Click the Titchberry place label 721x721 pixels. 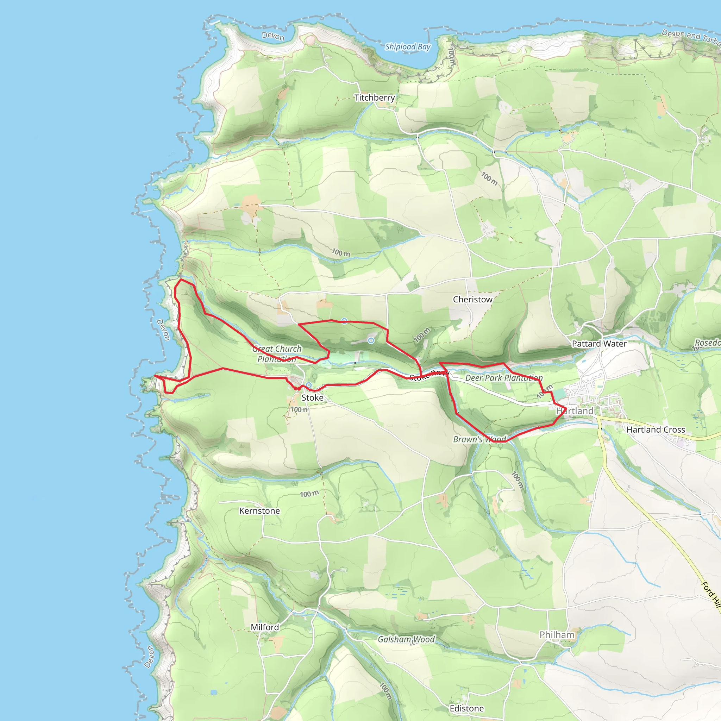pos(374,98)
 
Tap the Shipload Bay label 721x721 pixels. pos(408,47)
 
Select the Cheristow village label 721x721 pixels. pos(472,299)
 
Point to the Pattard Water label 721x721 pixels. pos(599,344)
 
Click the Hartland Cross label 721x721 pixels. pos(656,430)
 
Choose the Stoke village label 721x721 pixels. pos(312,397)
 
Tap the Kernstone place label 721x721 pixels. pos(259,510)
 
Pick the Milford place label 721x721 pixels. pos(265,627)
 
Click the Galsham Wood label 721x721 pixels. pos(406,639)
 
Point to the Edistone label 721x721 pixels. pos(466,708)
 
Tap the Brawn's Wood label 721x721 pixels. pos(479,439)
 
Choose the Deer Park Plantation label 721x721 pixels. pos(504,378)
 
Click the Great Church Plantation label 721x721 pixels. pos(277,353)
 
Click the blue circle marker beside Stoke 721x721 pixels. pos(309,385)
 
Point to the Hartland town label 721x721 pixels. pos(575,411)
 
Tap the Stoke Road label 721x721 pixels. pos(429,375)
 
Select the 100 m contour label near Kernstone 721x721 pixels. pos(309,494)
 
